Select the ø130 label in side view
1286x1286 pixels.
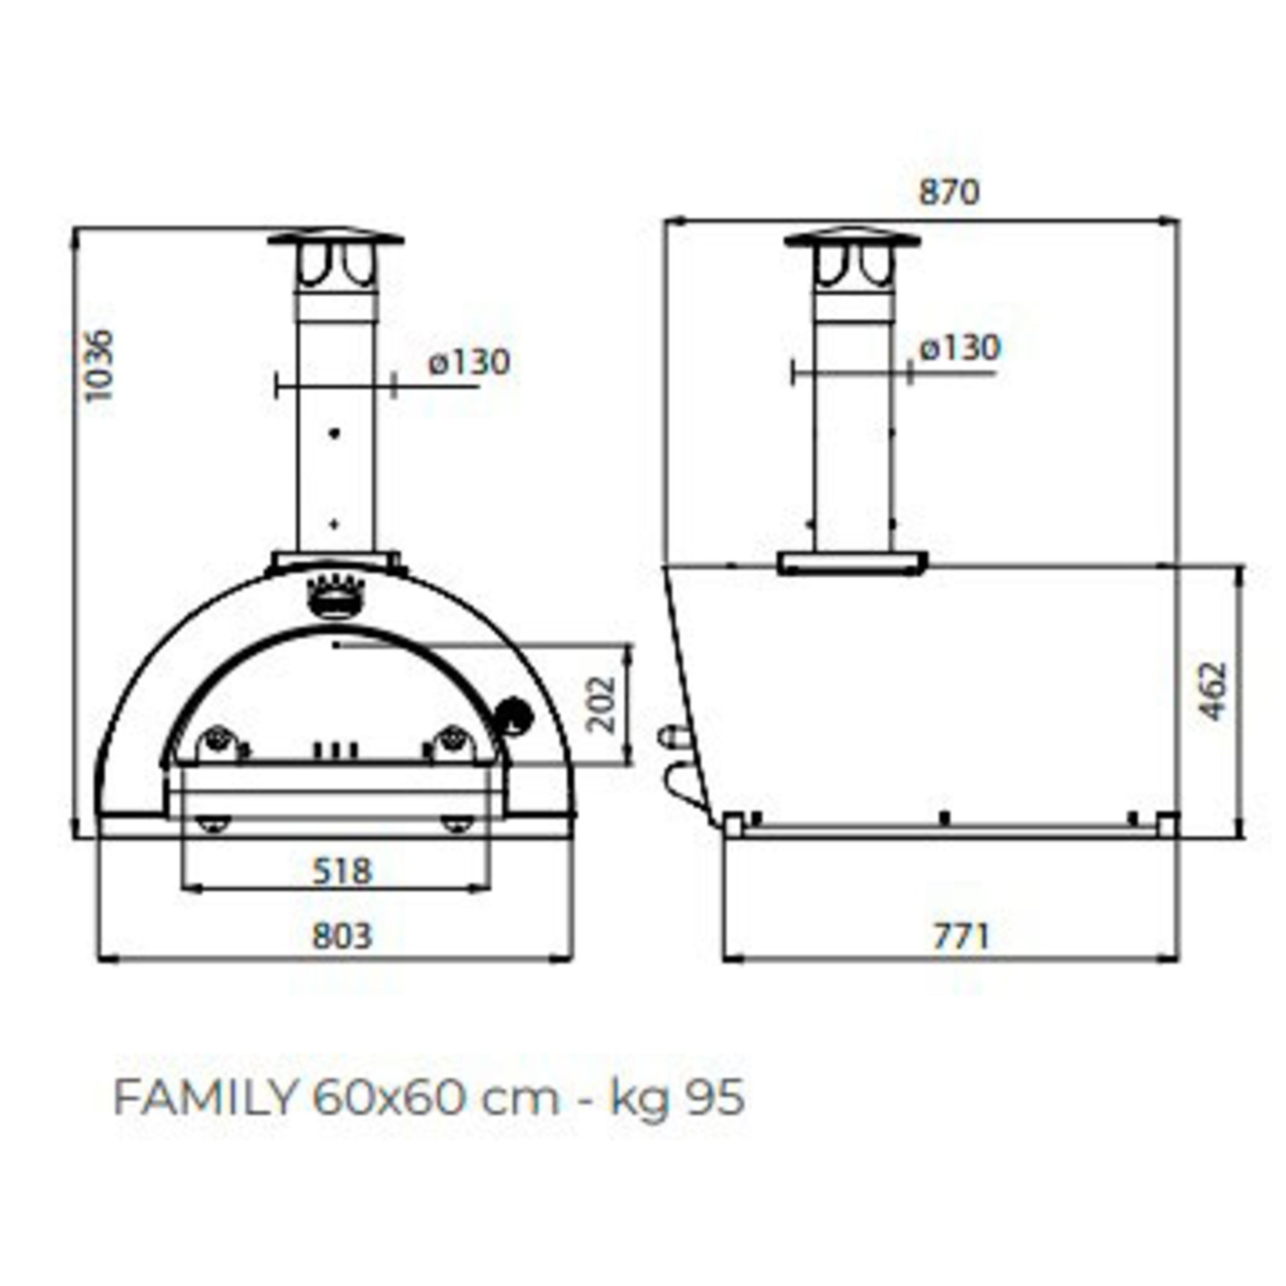click(x=960, y=348)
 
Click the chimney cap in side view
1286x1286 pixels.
click(x=853, y=240)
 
